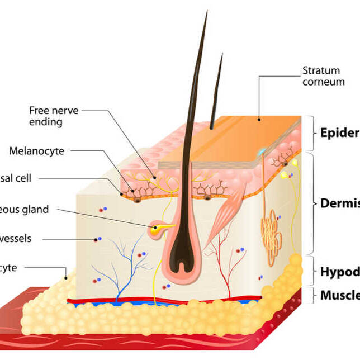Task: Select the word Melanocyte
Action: click(36, 151)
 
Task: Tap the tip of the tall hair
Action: click(207, 12)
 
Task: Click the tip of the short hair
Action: click(222, 55)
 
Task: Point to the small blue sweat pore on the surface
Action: click(262, 151)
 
